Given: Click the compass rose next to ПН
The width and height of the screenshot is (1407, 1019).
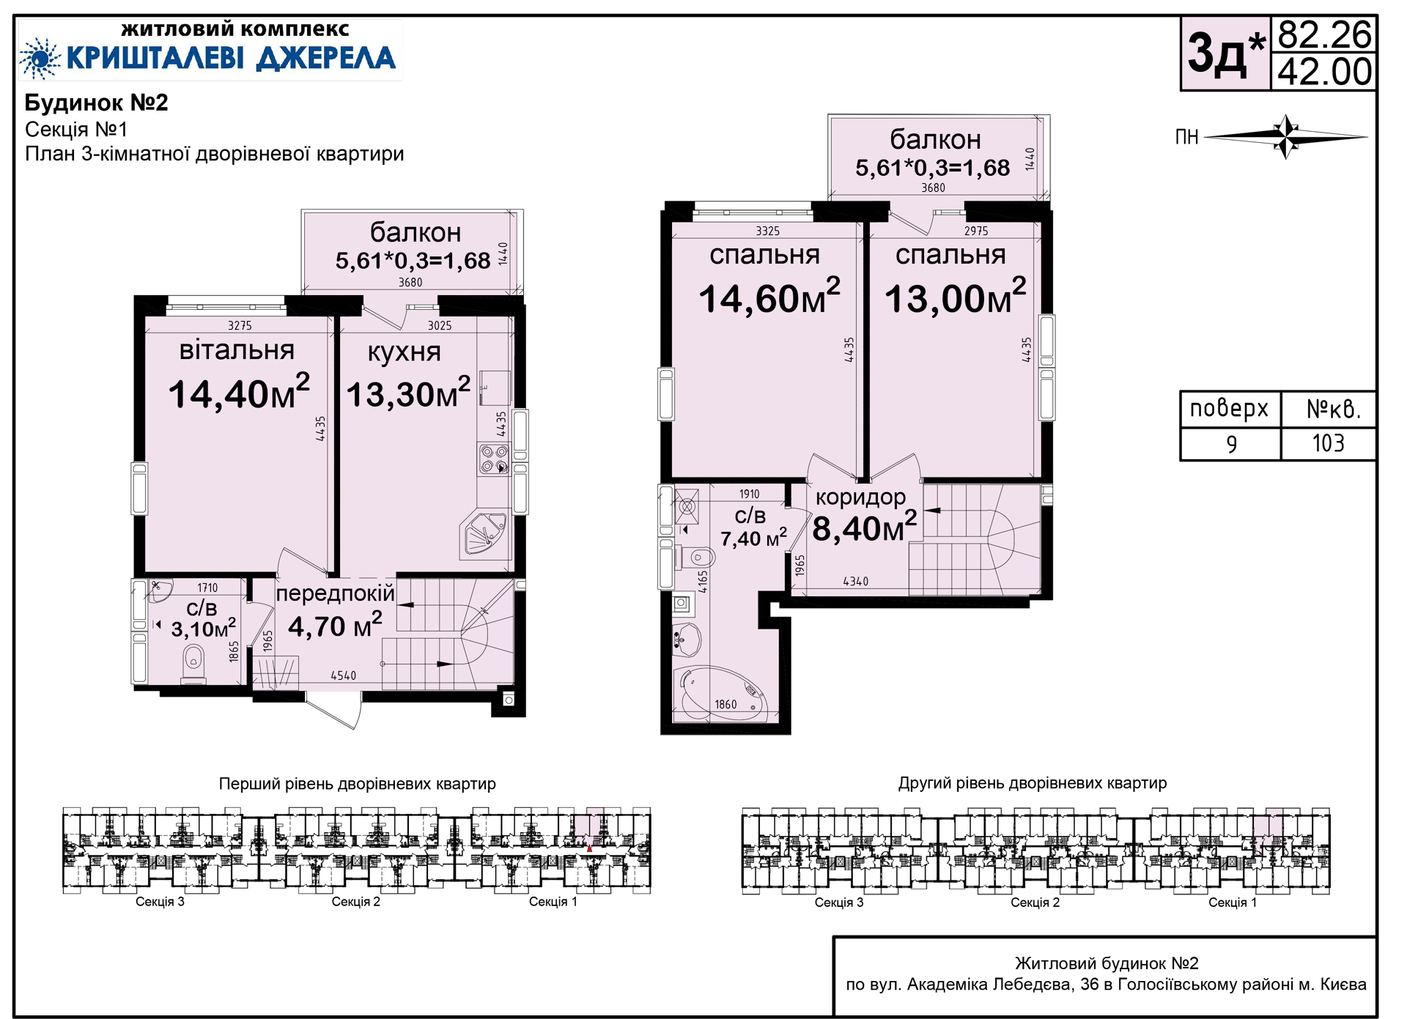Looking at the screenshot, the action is point(1287,136).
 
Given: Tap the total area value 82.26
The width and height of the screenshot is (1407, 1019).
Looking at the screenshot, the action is point(1324,34).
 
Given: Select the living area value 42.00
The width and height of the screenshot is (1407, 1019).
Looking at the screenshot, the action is point(1324,72).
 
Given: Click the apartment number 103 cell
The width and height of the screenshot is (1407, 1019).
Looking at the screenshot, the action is point(1328,443).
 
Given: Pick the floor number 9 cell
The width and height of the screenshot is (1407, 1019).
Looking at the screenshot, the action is point(1231,443).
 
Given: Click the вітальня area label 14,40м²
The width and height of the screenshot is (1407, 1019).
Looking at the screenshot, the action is point(239,393).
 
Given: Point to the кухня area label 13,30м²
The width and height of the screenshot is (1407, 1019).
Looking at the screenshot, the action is point(408,393).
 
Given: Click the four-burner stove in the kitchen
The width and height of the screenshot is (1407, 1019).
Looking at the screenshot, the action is point(494,459).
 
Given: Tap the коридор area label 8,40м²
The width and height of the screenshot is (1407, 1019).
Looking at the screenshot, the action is point(865,527).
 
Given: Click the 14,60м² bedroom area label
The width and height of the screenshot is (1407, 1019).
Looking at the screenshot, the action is point(769,297).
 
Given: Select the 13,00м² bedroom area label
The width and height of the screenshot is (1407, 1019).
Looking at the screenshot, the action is point(956,297).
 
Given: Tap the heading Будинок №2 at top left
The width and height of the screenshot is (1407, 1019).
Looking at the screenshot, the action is point(97,103).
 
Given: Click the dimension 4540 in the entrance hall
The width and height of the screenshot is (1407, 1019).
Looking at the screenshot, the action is point(343,675).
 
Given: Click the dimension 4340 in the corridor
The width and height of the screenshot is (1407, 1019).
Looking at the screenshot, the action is point(855,582).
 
